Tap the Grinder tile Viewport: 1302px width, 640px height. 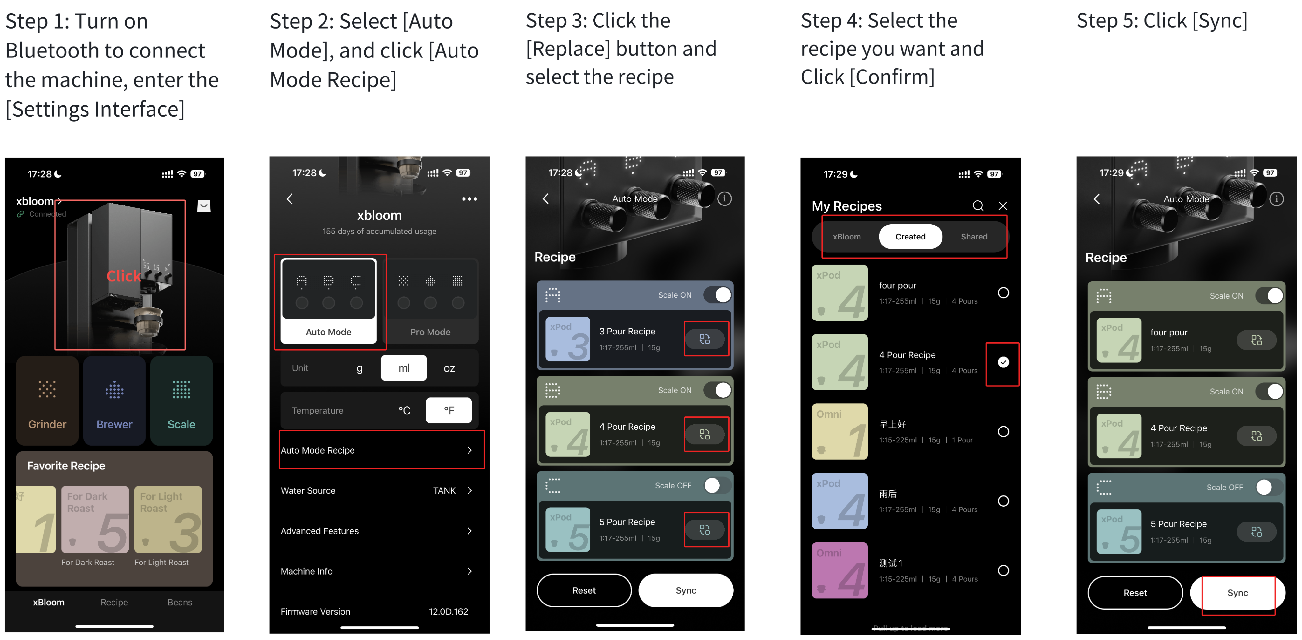(x=47, y=400)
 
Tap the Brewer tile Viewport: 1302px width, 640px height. (x=114, y=400)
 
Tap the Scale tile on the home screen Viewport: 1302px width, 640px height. (x=182, y=400)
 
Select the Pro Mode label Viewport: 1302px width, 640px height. (x=430, y=332)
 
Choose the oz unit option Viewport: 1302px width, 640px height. (x=449, y=368)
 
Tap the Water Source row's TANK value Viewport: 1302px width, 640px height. (x=444, y=490)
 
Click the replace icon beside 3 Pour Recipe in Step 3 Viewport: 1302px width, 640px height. (x=705, y=339)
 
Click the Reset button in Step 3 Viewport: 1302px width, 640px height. (x=584, y=590)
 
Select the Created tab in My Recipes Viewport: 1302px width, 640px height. (x=910, y=236)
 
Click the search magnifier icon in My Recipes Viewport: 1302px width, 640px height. (x=978, y=205)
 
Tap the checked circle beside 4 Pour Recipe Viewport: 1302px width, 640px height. (x=1003, y=362)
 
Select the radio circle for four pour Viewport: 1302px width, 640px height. (x=1003, y=293)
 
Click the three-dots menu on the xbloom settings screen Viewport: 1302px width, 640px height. (x=469, y=199)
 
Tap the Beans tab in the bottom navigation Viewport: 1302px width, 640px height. (x=180, y=602)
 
